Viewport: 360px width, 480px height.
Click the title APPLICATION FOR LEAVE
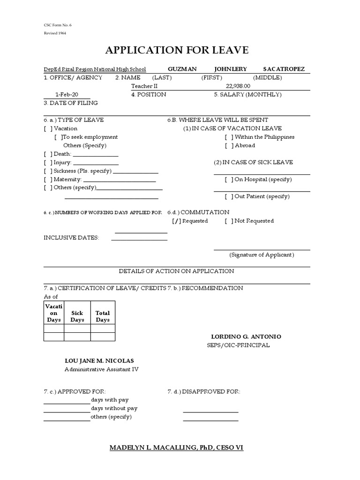click(177, 50)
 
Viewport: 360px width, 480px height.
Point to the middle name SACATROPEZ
click(283, 69)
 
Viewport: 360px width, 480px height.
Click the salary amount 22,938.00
click(238, 86)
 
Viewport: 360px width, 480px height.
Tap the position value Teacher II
click(142, 86)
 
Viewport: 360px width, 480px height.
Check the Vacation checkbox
click(48, 128)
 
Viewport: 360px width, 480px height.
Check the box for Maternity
click(48, 180)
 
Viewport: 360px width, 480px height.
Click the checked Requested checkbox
click(176, 221)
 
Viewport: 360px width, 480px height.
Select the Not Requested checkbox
click(229, 221)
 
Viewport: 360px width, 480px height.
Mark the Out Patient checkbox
click(229, 197)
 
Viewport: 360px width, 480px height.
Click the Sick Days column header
click(77, 316)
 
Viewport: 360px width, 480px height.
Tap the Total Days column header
click(103, 316)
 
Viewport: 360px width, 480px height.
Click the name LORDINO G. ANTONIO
click(246, 337)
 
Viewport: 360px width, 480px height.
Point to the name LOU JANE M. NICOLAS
click(99, 361)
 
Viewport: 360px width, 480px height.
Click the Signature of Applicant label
click(262, 255)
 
